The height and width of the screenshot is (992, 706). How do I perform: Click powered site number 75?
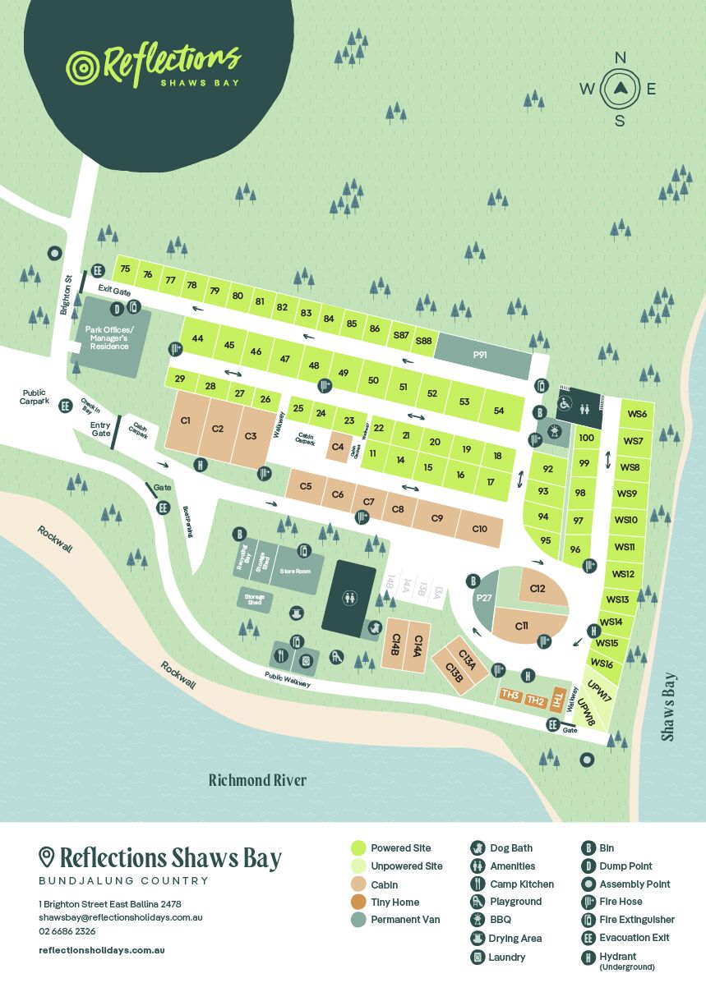coord(125,269)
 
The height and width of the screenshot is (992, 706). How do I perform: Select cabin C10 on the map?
coord(480,528)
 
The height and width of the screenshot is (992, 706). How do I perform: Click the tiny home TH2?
coord(535,700)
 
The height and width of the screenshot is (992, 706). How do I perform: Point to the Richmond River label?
coord(257,780)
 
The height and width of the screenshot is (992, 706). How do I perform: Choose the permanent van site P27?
coord(483,599)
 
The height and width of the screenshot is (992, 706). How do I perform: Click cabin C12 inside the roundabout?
coord(538,589)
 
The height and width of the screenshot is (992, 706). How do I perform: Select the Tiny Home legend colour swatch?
coord(358,902)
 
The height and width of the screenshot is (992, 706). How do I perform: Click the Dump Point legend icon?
coord(588,866)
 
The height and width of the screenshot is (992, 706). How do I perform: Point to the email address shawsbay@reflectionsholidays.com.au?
coord(121,917)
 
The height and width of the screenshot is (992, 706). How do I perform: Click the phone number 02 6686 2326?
coord(67,931)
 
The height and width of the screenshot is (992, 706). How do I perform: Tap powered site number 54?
coord(498,410)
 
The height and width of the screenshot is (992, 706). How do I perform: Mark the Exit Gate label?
coord(115,289)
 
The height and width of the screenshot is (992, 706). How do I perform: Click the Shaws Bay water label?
coord(670,707)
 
